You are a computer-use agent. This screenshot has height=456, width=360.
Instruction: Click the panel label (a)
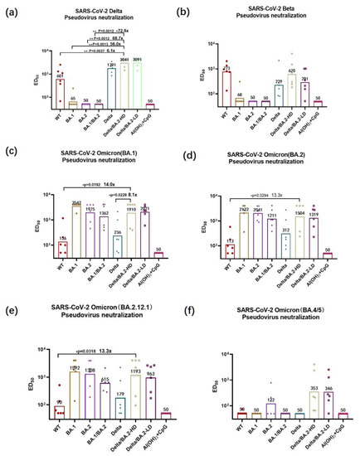[x=10, y=11]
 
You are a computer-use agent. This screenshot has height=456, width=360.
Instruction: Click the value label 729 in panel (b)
[x=278, y=80]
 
